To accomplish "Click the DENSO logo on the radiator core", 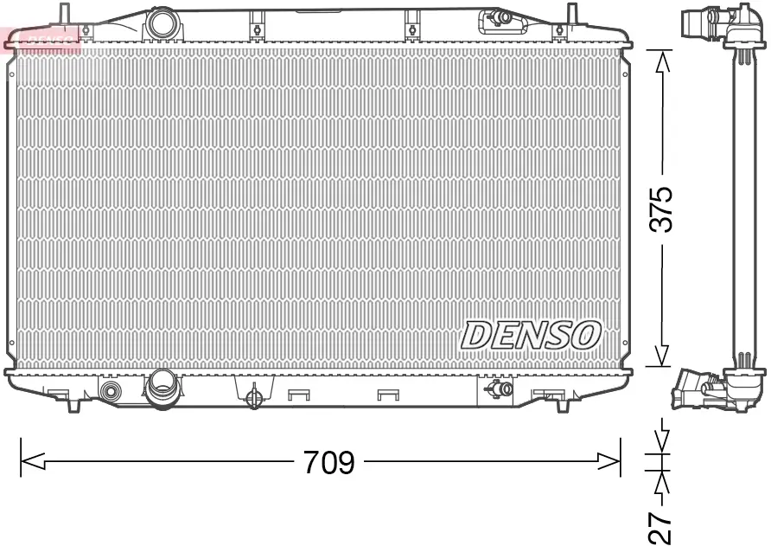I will click(x=531, y=334).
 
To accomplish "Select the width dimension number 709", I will click(x=328, y=462).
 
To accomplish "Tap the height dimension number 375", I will click(x=661, y=208).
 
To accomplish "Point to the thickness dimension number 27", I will click(x=661, y=524).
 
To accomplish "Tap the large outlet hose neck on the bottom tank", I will click(x=161, y=386).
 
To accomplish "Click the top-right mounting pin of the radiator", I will click(x=571, y=13).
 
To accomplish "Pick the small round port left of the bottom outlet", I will click(x=111, y=391).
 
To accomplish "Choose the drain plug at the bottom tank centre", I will click(x=254, y=398).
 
